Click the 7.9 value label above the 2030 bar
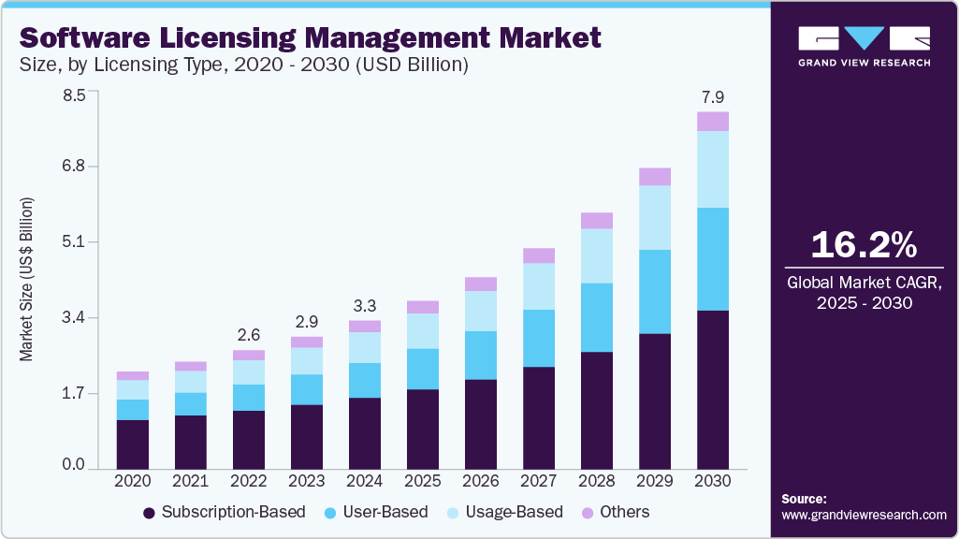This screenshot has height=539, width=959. point(713,97)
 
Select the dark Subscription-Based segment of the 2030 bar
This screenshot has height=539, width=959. point(713,389)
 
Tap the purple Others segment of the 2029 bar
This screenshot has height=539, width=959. point(655,177)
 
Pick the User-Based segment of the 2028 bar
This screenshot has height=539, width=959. point(597,317)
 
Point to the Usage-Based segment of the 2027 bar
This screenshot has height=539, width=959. point(539,286)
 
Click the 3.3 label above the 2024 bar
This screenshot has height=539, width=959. point(365,306)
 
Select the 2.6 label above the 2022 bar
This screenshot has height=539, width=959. point(249,335)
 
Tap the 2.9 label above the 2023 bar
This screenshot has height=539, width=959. point(307,321)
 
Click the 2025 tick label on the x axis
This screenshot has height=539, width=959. point(423,480)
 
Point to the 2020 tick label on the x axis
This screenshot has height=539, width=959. point(133,480)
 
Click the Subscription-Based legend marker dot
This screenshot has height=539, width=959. point(149,513)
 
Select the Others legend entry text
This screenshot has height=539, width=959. point(624,512)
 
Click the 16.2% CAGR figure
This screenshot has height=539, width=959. point(864,245)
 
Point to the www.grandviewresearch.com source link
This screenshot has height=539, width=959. point(864,515)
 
